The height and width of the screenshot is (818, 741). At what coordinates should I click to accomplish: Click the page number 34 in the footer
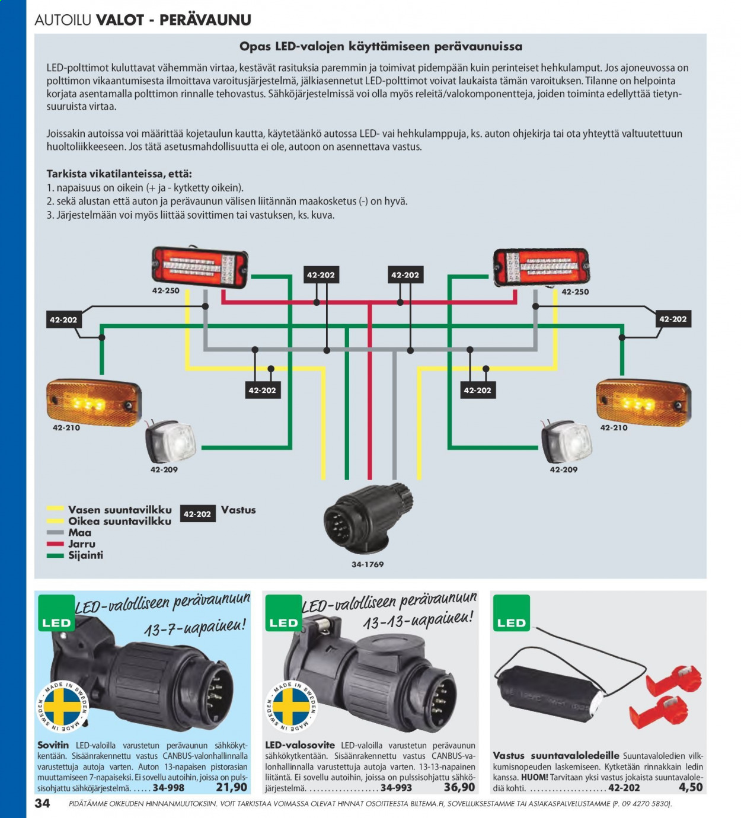(43, 803)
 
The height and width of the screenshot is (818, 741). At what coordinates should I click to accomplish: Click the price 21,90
(232, 787)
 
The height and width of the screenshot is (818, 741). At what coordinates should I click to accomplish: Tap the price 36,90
(459, 787)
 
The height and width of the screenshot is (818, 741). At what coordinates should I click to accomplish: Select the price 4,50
(691, 787)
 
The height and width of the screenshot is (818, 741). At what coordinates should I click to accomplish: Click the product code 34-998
(168, 788)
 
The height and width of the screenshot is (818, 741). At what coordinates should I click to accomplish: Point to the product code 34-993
(396, 788)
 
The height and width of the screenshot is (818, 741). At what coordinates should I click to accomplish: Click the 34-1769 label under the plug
(368, 564)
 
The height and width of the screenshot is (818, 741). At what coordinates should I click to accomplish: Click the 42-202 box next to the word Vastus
(197, 514)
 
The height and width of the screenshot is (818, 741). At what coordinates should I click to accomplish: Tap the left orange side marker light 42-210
(94, 403)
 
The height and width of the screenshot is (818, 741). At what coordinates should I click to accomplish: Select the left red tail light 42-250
(200, 267)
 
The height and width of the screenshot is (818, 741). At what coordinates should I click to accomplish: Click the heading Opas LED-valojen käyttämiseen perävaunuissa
(381, 47)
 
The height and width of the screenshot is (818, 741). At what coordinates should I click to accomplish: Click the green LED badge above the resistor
(512, 613)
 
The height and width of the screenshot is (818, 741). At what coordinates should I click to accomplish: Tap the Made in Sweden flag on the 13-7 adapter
(62, 707)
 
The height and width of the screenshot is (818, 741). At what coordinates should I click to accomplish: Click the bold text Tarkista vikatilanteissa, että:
(119, 174)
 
